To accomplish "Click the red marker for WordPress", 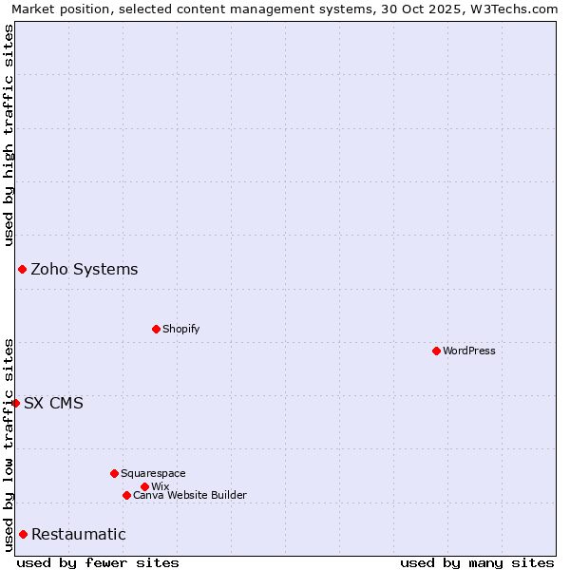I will click(x=436, y=351).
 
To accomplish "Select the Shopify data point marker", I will click(x=156, y=329).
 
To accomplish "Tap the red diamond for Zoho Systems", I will click(x=22, y=269).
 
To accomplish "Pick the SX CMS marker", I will click(x=15, y=403).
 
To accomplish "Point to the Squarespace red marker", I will click(x=114, y=473).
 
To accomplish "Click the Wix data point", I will click(x=144, y=486).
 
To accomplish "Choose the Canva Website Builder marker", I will click(x=126, y=495).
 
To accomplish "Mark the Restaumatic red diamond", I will click(x=23, y=534).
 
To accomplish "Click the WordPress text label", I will click(x=469, y=351).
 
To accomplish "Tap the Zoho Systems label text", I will click(x=85, y=269).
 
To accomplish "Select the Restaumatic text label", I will click(x=79, y=534).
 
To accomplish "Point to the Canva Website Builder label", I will click(x=190, y=495).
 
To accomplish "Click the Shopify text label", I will click(x=181, y=329).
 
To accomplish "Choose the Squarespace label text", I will click(x=153, y=473).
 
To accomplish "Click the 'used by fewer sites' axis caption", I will click(x=98, y=562).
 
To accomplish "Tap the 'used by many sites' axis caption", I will click(x=477, y=562).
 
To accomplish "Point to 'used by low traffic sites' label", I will click(x=9, y=445).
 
